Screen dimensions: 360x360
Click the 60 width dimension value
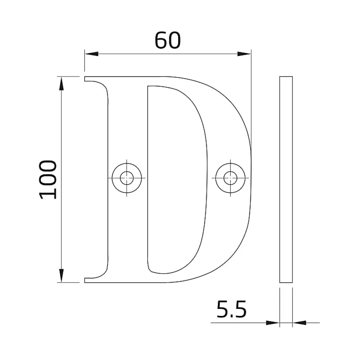(x=168, y=40)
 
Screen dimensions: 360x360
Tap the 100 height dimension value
(x=48, y=179)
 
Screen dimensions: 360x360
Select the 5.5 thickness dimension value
(x=231, y=309)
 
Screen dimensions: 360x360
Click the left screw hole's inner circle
(x=127, y=178)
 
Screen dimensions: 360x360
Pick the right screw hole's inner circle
(x=230, y=178)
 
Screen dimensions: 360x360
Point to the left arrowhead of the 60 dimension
(x=92, y=54)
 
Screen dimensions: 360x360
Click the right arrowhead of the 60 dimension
(x=244, y=54)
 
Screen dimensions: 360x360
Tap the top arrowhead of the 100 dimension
(x=61, y=83)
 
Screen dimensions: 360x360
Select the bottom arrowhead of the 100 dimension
(x=61, y=275)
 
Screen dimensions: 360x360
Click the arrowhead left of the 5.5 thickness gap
(x=273, y=323)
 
